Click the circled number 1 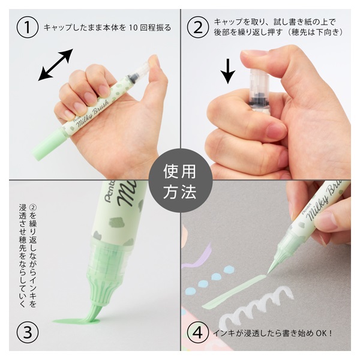point(28,27)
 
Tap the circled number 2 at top point(197,27)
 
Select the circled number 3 point(28,332)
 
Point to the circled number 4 point(197,332)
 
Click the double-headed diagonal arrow point(56,65)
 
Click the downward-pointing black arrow point(228,71)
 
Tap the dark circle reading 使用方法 point(180,181)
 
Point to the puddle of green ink point(76,320)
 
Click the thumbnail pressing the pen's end point(253,53)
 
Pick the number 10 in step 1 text point(133,28)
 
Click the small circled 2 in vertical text point(33,208)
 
